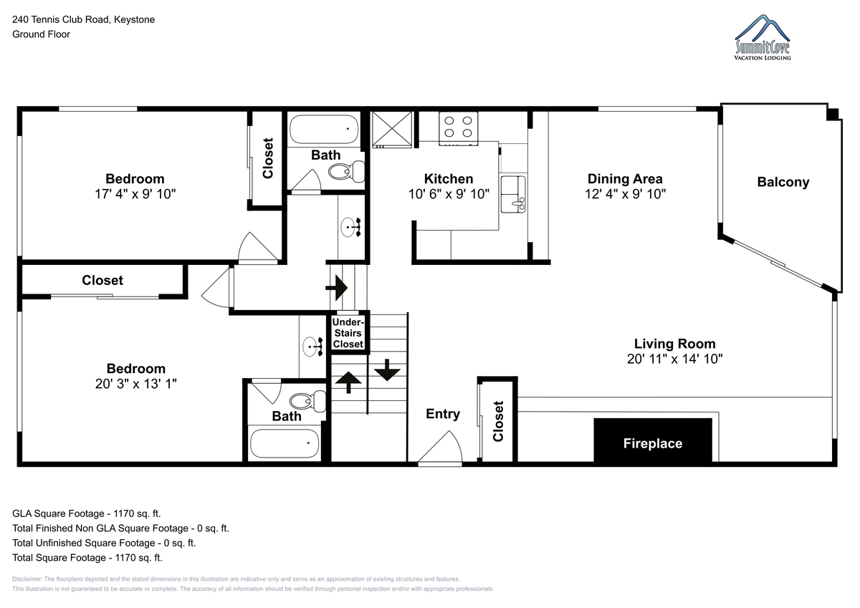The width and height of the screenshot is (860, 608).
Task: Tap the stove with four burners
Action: [x=459, y=128]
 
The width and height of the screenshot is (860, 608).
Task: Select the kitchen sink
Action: [x=513, y=194]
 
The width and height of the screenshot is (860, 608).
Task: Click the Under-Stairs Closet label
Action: [x=348, y=333]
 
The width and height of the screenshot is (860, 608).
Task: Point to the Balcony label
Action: [x=783, y=182]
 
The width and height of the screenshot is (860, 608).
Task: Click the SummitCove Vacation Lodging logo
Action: [x=763, y=37]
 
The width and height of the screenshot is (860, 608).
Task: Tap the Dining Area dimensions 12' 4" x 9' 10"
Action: [x=625, y=194]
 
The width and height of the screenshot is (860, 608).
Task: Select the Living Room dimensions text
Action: [x=674, y=359]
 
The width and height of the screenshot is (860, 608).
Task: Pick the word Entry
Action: [x=443, y=414]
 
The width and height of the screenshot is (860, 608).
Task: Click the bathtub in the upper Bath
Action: [x=324, y=130]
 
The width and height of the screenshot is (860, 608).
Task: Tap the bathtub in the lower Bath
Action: [x=285, y=443]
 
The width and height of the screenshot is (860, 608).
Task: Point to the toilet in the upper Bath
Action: [x=347, y=171]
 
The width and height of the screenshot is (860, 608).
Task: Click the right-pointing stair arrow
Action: [x=336, y=288]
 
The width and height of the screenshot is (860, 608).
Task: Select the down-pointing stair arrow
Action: [x=387, y=370]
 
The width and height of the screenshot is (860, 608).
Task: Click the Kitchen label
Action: [x=449, y=179]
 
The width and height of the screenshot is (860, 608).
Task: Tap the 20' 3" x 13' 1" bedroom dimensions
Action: [x=136, y=384]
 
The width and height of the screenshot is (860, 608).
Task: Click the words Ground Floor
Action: [x=41, y=34]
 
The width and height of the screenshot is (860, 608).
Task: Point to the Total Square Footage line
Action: [x=87, y=558]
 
